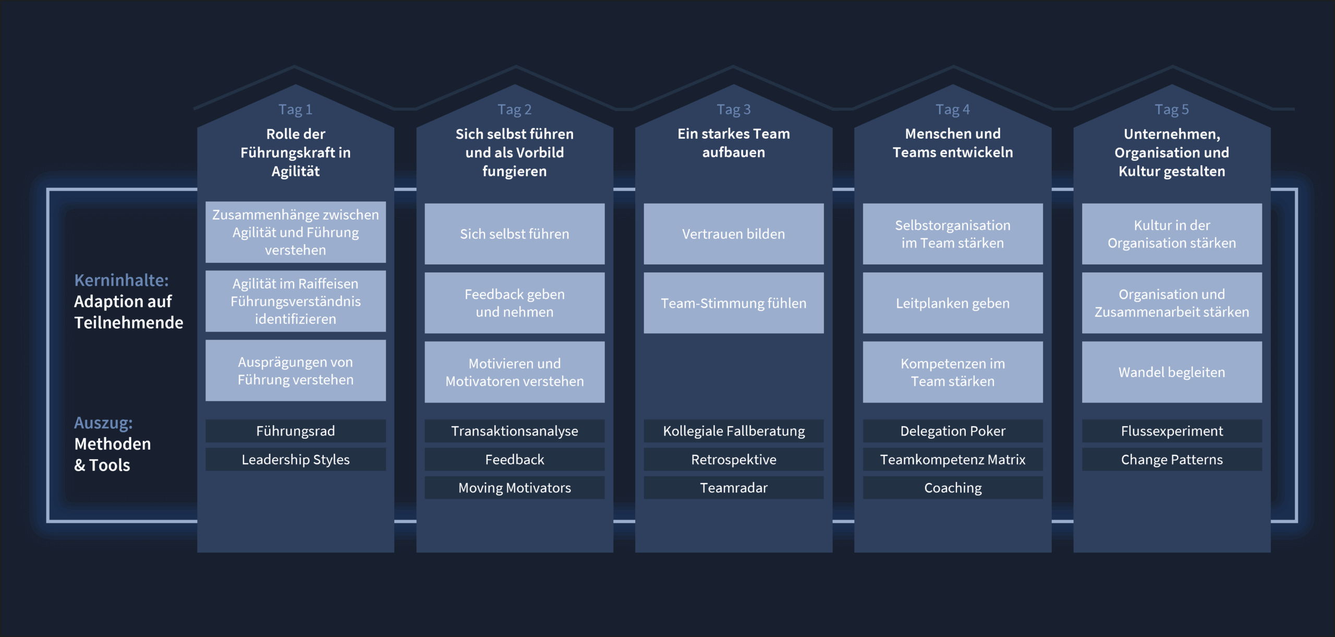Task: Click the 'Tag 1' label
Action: pyautogui.click(x=295, y=110)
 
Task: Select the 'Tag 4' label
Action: pyautogui.click(x=952, y=110)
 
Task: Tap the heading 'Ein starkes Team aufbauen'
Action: pyautogui.click(x=733, y=143)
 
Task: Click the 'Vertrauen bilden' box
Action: pyautogui.click(x=733, y=234)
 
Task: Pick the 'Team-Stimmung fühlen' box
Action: pyautogui.click(x=733, y=303)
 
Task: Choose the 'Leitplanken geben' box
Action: pyautogui.click(x=952, y=303)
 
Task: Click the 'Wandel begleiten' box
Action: pyautogui.click(x=1171, y=372)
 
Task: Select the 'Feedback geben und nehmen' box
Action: pyautogui.click(x=514, y=303)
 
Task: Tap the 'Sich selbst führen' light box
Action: pyautogui.click(x=514, y=234)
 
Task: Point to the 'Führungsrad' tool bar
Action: pyautogui.click(x=295, y=431)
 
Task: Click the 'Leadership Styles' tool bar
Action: pyautogui.click(x=295, y=460)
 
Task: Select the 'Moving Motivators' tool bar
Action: pyautogui.click(x=514, y=488)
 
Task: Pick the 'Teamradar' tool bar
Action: pyautogui.click(x=733, y=488)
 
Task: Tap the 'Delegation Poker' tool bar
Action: pyautogui.click(x=952, y=431)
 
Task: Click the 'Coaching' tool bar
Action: pyautogui.click(x=952, y=488)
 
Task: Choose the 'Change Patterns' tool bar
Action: pyautogui.click(x=1171, y=460)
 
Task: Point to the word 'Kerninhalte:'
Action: pyautogui.click(x=122, y=280)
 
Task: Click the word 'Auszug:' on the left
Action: pyautogui.click(x=103, y=423)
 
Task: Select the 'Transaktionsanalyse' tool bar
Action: pyautogui.click(x=514, y=431)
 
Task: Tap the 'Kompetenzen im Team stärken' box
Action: pyautogui.click(x=952, y=372)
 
